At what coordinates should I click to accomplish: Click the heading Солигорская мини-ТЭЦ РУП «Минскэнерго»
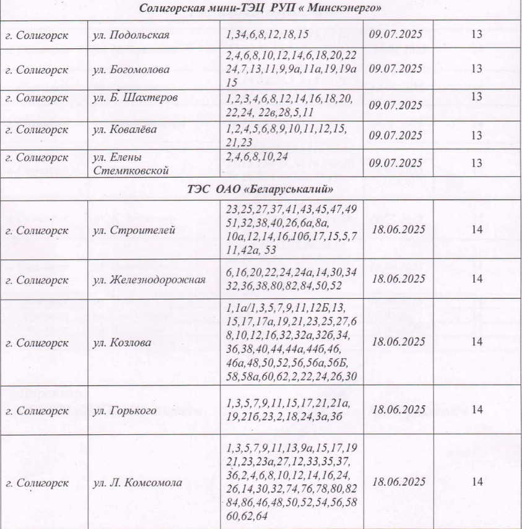click(x=260, y=9)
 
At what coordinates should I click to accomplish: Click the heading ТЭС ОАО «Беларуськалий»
click(x=260, y=188)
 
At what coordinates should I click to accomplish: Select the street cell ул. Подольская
click(x=131, y=35)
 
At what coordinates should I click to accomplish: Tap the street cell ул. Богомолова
click(x=131, y=69)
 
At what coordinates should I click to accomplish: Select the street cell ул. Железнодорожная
click(x=149, y=280)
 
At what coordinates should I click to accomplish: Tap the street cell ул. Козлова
click(x=122, y=342)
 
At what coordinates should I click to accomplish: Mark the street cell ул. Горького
click(x=124, y=410)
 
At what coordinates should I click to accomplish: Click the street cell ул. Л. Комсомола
click(x=137, y=483)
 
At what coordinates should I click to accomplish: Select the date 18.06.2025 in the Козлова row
click(x=399, y=342)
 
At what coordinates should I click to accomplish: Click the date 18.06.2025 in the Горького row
click(x=399, y=410)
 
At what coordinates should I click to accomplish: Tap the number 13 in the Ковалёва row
click(x=476, y=135)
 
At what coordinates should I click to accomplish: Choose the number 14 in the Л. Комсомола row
click(x=476, y=482)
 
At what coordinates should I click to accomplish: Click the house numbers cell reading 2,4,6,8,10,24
click(x=257, y=157)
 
